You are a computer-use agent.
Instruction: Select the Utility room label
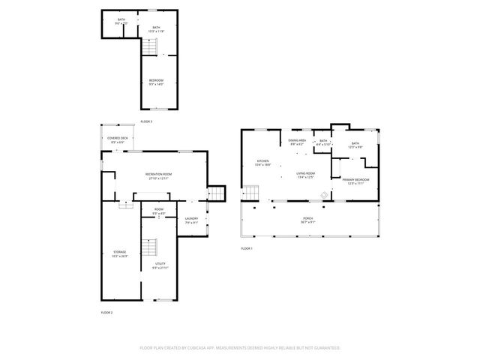click(x=160, y=264)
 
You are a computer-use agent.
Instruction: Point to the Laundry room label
click(x=191, y=218)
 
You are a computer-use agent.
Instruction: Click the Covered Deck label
click(x=116, y=139)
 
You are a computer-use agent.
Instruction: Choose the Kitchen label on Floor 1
click(x=263, y=160)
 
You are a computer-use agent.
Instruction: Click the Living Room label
click(x=304, y=173)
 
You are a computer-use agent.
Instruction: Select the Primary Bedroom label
click(x=355, y=180)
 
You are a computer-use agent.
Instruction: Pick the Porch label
click(x=308, y=219)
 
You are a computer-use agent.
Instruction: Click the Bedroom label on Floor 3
click(x=156, y=79)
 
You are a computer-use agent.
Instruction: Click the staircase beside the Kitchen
click(x=216, y=193)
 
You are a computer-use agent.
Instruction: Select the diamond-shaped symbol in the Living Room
click(x=324, y=193)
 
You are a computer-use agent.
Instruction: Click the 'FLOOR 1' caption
click(x=247, y=247)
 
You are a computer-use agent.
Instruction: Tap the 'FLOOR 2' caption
click(x=106, y=311)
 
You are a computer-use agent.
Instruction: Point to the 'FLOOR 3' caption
click(x=146, y=121)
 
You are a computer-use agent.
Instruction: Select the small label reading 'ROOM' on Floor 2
click(x=159, y=209)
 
